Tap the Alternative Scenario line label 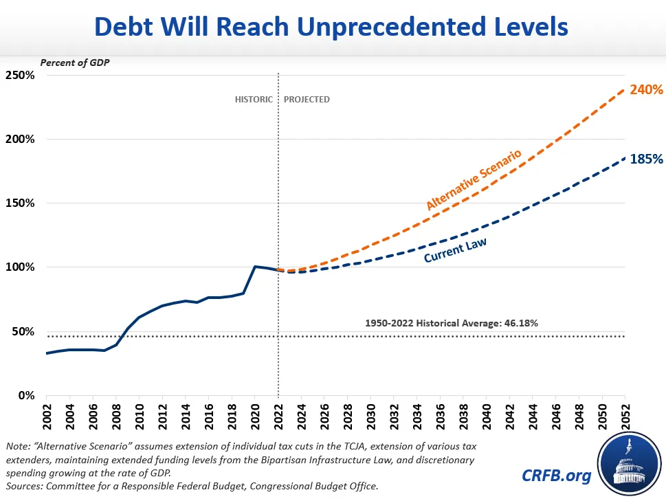coord(474,180)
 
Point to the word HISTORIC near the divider coord(254,100)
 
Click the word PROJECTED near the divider coord(307,100)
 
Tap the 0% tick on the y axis coord(25,395)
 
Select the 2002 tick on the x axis coord(46,414)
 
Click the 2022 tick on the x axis coord(278,414)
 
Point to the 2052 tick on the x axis coord(626,414)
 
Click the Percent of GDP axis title coord(75,63)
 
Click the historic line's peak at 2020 coord(255,267)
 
